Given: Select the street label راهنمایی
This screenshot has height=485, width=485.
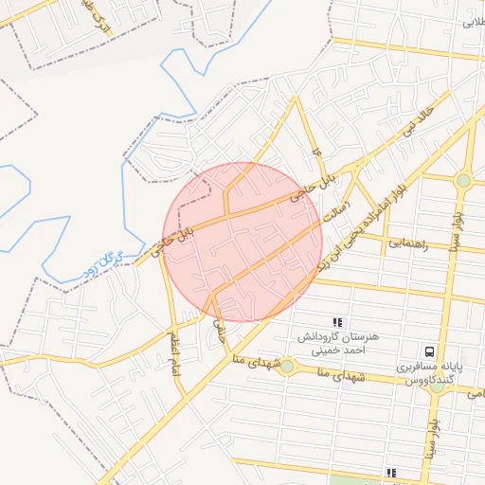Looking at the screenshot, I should click(409, 243).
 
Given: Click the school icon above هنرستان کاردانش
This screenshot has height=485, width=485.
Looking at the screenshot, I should click(338, 322).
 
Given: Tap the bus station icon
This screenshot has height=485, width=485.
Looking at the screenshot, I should click(431, 350).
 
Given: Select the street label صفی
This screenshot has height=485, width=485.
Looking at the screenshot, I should click(221, 329).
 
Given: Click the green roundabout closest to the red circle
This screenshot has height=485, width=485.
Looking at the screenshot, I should click(286, 366).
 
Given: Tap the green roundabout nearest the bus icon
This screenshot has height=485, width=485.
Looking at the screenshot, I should click(437, 386).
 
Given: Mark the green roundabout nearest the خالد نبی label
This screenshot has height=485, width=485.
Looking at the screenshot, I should click(463, 180).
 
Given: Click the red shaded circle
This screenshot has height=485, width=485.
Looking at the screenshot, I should click(242, 242).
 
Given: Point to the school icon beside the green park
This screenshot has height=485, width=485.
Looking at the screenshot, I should click(390, 472).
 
